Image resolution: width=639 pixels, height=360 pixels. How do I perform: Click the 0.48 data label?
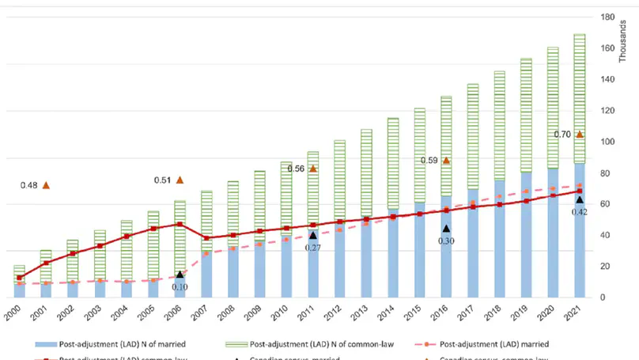(x=28, y=186)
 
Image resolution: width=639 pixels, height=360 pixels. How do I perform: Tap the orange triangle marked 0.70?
(x=580, y=135)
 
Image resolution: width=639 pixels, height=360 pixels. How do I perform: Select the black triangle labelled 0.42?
(x=580, y=200)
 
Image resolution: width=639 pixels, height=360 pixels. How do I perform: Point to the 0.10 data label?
(x=180, y=286)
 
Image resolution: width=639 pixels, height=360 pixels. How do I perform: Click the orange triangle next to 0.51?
(x=180, y=180)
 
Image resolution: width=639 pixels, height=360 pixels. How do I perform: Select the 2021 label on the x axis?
(x=580, y=313)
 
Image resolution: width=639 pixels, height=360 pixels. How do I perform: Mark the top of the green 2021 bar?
(x=580, y=35)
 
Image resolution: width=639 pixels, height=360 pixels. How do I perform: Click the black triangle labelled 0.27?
(x=313, y=235)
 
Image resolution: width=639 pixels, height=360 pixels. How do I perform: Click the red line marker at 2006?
(x=180, y=224)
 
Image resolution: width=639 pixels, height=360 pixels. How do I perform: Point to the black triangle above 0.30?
(x=446, y=228)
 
